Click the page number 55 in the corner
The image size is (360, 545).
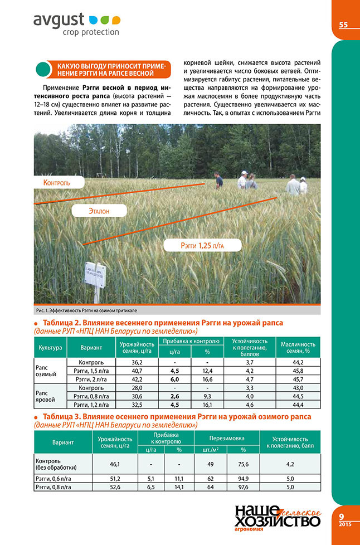(343, 25)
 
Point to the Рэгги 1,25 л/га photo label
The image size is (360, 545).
(202, 245)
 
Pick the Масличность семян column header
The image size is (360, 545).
(298, 348)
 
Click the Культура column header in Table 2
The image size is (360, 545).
(50, 348)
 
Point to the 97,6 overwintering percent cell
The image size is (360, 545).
(243, 486)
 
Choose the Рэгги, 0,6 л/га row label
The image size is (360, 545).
(53, 478)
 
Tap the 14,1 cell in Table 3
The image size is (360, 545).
(179, 486)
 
